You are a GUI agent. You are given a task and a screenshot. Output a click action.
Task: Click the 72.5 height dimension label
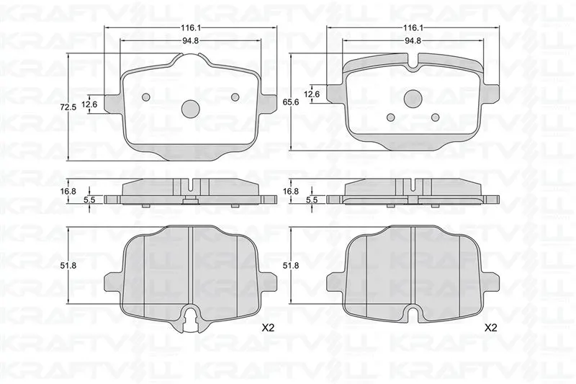tap(68, 107)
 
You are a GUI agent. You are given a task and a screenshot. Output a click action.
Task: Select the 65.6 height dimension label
tap(292, 102)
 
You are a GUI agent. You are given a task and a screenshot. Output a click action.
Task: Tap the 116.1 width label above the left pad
tap(190, 27)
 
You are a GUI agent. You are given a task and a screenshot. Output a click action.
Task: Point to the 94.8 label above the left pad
tap(190, 41)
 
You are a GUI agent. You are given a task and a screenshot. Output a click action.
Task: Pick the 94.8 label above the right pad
tap(413, 41)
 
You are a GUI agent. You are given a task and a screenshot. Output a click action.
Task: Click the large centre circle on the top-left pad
tap(190, 109)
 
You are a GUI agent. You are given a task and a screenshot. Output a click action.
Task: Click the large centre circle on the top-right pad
tap(413, 98)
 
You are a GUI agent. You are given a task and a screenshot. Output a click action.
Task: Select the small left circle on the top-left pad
tap(146, 97)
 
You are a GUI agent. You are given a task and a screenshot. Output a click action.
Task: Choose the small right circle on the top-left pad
tap(235, 97)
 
